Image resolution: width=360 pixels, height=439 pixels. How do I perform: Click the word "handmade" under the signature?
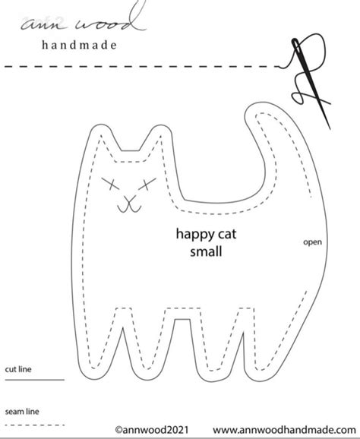tap(79, 45)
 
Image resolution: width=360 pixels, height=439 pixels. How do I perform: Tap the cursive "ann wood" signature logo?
tap(84, 20)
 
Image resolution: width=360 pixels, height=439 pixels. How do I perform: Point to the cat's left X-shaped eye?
tap(110, 183)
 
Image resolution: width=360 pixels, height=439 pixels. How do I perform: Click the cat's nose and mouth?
tap(129, 204)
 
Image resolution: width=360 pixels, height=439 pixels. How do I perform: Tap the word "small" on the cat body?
tap(206, 251)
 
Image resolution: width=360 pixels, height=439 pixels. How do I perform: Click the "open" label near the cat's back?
tap(312, 242)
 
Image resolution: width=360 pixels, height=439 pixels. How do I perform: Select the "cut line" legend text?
tap(18, 369)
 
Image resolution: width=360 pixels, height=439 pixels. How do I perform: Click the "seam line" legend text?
tap(22, 412)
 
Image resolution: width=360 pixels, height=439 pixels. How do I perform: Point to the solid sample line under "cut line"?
tap(35, 380)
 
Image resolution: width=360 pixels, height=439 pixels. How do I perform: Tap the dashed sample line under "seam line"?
tap(35, 425)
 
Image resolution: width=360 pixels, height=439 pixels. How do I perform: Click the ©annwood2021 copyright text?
tap(152, 430)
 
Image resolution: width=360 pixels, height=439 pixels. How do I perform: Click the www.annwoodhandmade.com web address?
tap(284, 430)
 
